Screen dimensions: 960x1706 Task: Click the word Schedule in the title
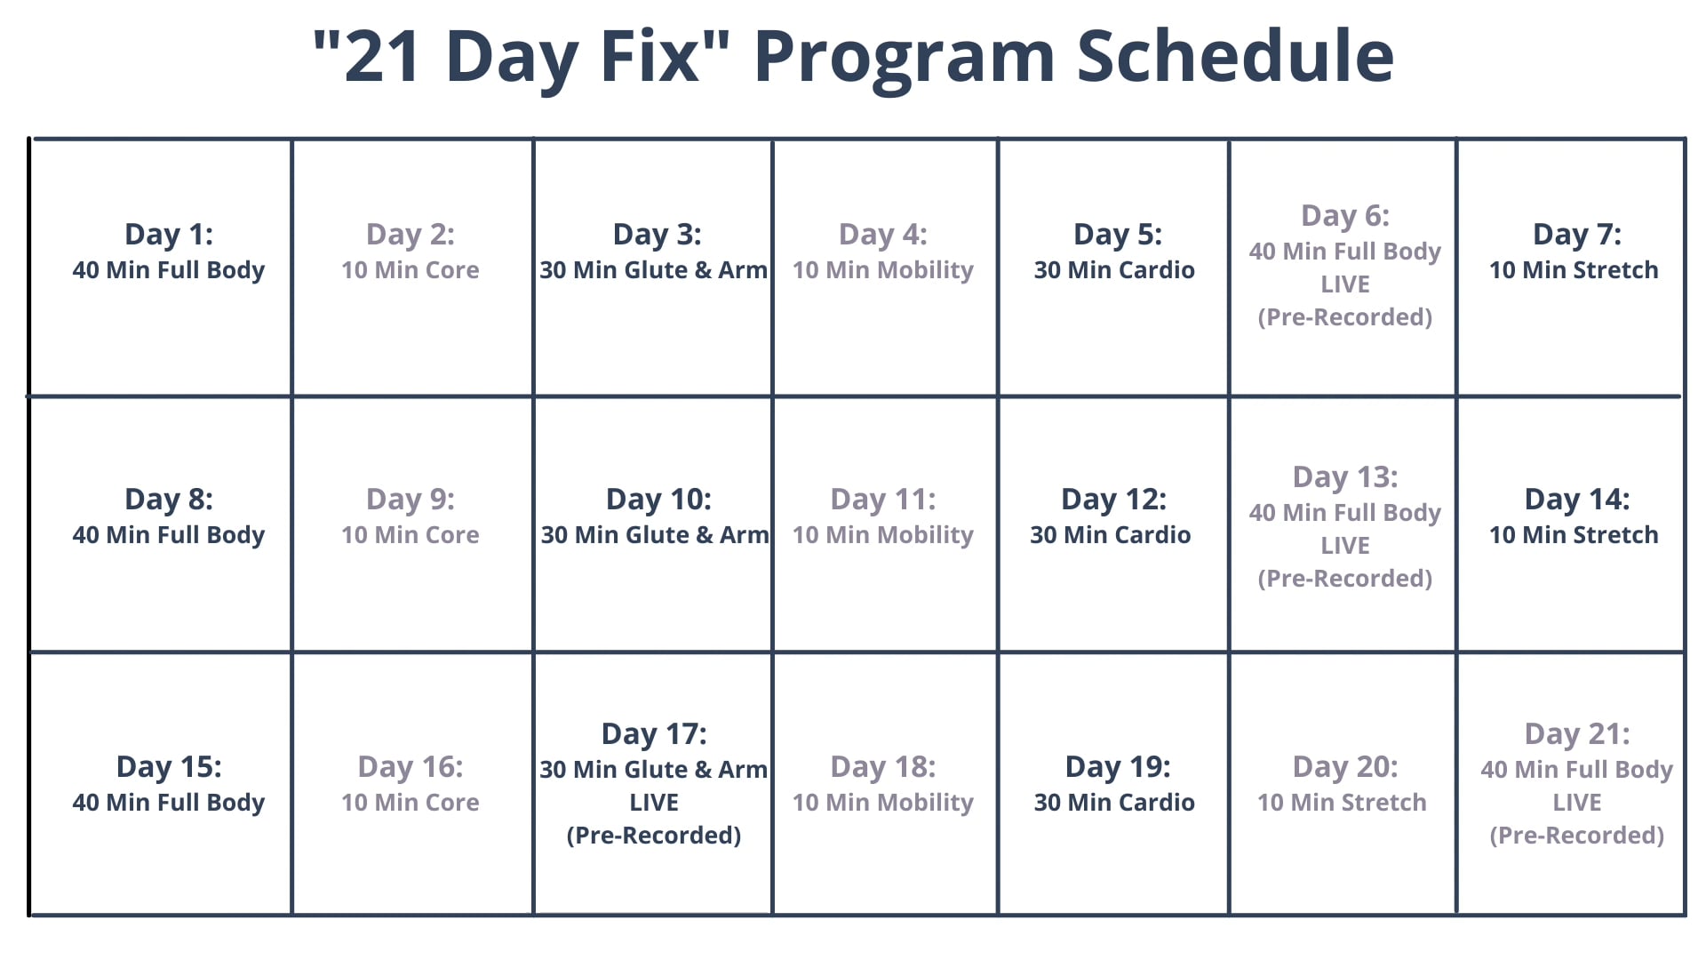[1235, 55]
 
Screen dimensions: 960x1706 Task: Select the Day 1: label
[169, 235]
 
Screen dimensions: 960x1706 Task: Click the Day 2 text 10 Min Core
[411, 270]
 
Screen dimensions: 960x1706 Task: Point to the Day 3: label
[658, 235]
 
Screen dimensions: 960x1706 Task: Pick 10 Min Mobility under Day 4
[883, 270]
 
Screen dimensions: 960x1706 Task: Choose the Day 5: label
[1118, 235]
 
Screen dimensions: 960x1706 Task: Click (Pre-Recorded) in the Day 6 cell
[1345, 317]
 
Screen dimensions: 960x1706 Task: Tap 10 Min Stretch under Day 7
[1574, 270]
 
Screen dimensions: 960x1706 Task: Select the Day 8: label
[169, 500]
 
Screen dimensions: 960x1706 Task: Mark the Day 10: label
[658, 500]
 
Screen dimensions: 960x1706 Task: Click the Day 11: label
[883, 500]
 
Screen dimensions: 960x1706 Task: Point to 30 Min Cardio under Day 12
[1111, 535]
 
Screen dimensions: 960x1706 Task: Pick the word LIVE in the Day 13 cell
[1345, 546]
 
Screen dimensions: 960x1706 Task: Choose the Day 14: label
[1577, 500]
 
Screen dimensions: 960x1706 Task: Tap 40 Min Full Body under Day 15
[169, 803]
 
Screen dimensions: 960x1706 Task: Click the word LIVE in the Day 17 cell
[654, 803]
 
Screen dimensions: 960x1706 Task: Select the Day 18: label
[883, 767]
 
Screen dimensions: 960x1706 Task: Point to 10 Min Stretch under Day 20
[1342, 803]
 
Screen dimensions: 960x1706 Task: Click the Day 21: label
[1577, 734]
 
